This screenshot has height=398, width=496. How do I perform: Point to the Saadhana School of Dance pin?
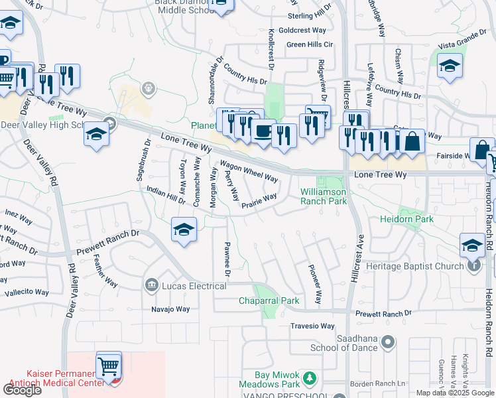pyautogui.click(x=388, y=342)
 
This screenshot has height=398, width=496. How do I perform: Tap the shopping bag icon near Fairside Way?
pyautogui.click(x=412, y=141)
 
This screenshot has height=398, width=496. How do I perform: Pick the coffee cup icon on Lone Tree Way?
pyautogui.click(x=263, y=131)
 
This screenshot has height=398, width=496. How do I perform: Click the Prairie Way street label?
pyautogui.click(x=259, y=200)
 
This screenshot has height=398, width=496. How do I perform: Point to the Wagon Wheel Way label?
pyautogui.click(x=249, y=172)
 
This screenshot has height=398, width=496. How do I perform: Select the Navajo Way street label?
pyautogui.click(x=170, y=309)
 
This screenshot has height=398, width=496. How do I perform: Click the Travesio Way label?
pyautogui.click(x=313, y=326)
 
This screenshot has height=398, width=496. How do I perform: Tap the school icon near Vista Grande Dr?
pyautogui.click(x=450, y=66)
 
